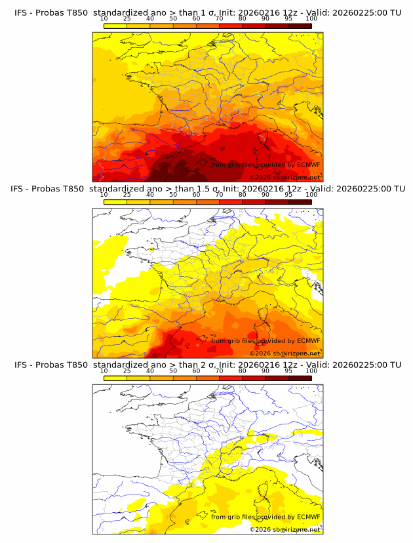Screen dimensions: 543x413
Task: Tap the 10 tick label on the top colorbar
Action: click(104, 19)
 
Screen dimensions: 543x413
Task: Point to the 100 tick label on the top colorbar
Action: click(311, 19)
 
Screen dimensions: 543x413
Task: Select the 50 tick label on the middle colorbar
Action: click(173, 195)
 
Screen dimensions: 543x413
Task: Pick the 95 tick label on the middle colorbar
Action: click(288, 195)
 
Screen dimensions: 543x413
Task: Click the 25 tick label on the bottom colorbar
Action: click(127, 371)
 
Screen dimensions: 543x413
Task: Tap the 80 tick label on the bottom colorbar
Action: click(243, 371)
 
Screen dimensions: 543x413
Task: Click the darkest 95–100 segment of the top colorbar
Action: click(300, 26)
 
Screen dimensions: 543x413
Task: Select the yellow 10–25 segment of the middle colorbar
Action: click(115, 202)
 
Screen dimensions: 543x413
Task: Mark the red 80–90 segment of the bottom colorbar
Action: click(254, 378)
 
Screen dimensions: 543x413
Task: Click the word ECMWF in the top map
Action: click(308, 165)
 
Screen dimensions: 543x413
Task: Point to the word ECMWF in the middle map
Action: click(308, 340)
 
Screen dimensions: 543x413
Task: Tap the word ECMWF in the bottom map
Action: click(308, 517)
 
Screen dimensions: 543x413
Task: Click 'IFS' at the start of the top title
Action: click(20, 13)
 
